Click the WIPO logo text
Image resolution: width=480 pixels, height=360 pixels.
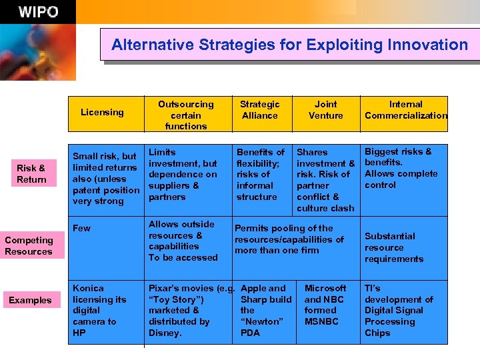pyautogui.click(x=38, y=12)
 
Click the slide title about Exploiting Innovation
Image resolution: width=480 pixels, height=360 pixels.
pyautogui.click(x=289, y=45)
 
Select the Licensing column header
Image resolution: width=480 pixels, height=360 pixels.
pyautogui.click(x=102, y=112)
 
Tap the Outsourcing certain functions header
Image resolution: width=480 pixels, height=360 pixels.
pyautogui.click(x=186, y=115)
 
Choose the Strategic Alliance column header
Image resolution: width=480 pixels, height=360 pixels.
pyautogui.click(x=259, y=110)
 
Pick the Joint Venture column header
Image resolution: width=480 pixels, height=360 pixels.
pyautogui.click(x=325, y=110)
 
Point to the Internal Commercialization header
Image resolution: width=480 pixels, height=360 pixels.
pyautogui.click(x=405, y=110)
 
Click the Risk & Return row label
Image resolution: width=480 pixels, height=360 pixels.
pyautogui.click(x=31, y=174)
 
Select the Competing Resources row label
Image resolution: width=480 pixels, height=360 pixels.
pyautogui.click(x=29, y=246)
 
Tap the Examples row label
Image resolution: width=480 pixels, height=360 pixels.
pyautogui.click(x=30, y=300)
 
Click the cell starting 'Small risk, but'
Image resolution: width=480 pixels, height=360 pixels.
pyautogui.click(x=105, y=179)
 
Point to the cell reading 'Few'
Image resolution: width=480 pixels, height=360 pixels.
pyautogui.click(x=81, y=228)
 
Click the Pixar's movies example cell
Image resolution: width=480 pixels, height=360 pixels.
pyautogui.click(x=187, y=310)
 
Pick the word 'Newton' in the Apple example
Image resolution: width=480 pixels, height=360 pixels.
pyautogui.click(x=261, y=321)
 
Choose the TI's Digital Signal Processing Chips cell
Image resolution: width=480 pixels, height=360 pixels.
pyautogui.click(x=398, y=310)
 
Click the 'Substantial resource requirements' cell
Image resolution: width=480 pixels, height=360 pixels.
pyautogui.click(x=393, y=247)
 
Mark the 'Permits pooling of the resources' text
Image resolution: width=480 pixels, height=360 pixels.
pyautogui.click(x=289, y=239)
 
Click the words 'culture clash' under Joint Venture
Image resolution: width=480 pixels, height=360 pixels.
pyautogui.click(x=325, y=208)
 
